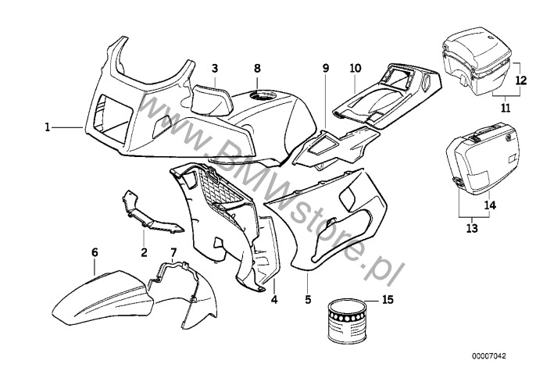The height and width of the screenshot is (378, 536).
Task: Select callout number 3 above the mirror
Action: click(214, 69)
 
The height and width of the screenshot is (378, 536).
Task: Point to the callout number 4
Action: click(273, 299)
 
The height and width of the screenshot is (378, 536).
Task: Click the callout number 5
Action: click(308, 299)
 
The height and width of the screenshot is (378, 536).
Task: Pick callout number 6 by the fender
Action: click(95, 252)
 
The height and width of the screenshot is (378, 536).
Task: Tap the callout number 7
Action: click(173, 252)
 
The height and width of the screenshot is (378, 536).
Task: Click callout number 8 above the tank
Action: click(257, 69)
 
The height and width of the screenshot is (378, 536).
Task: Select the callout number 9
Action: click(326, 69)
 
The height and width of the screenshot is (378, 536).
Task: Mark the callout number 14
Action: click(490, 205)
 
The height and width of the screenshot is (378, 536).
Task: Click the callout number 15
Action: click(388, 299)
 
